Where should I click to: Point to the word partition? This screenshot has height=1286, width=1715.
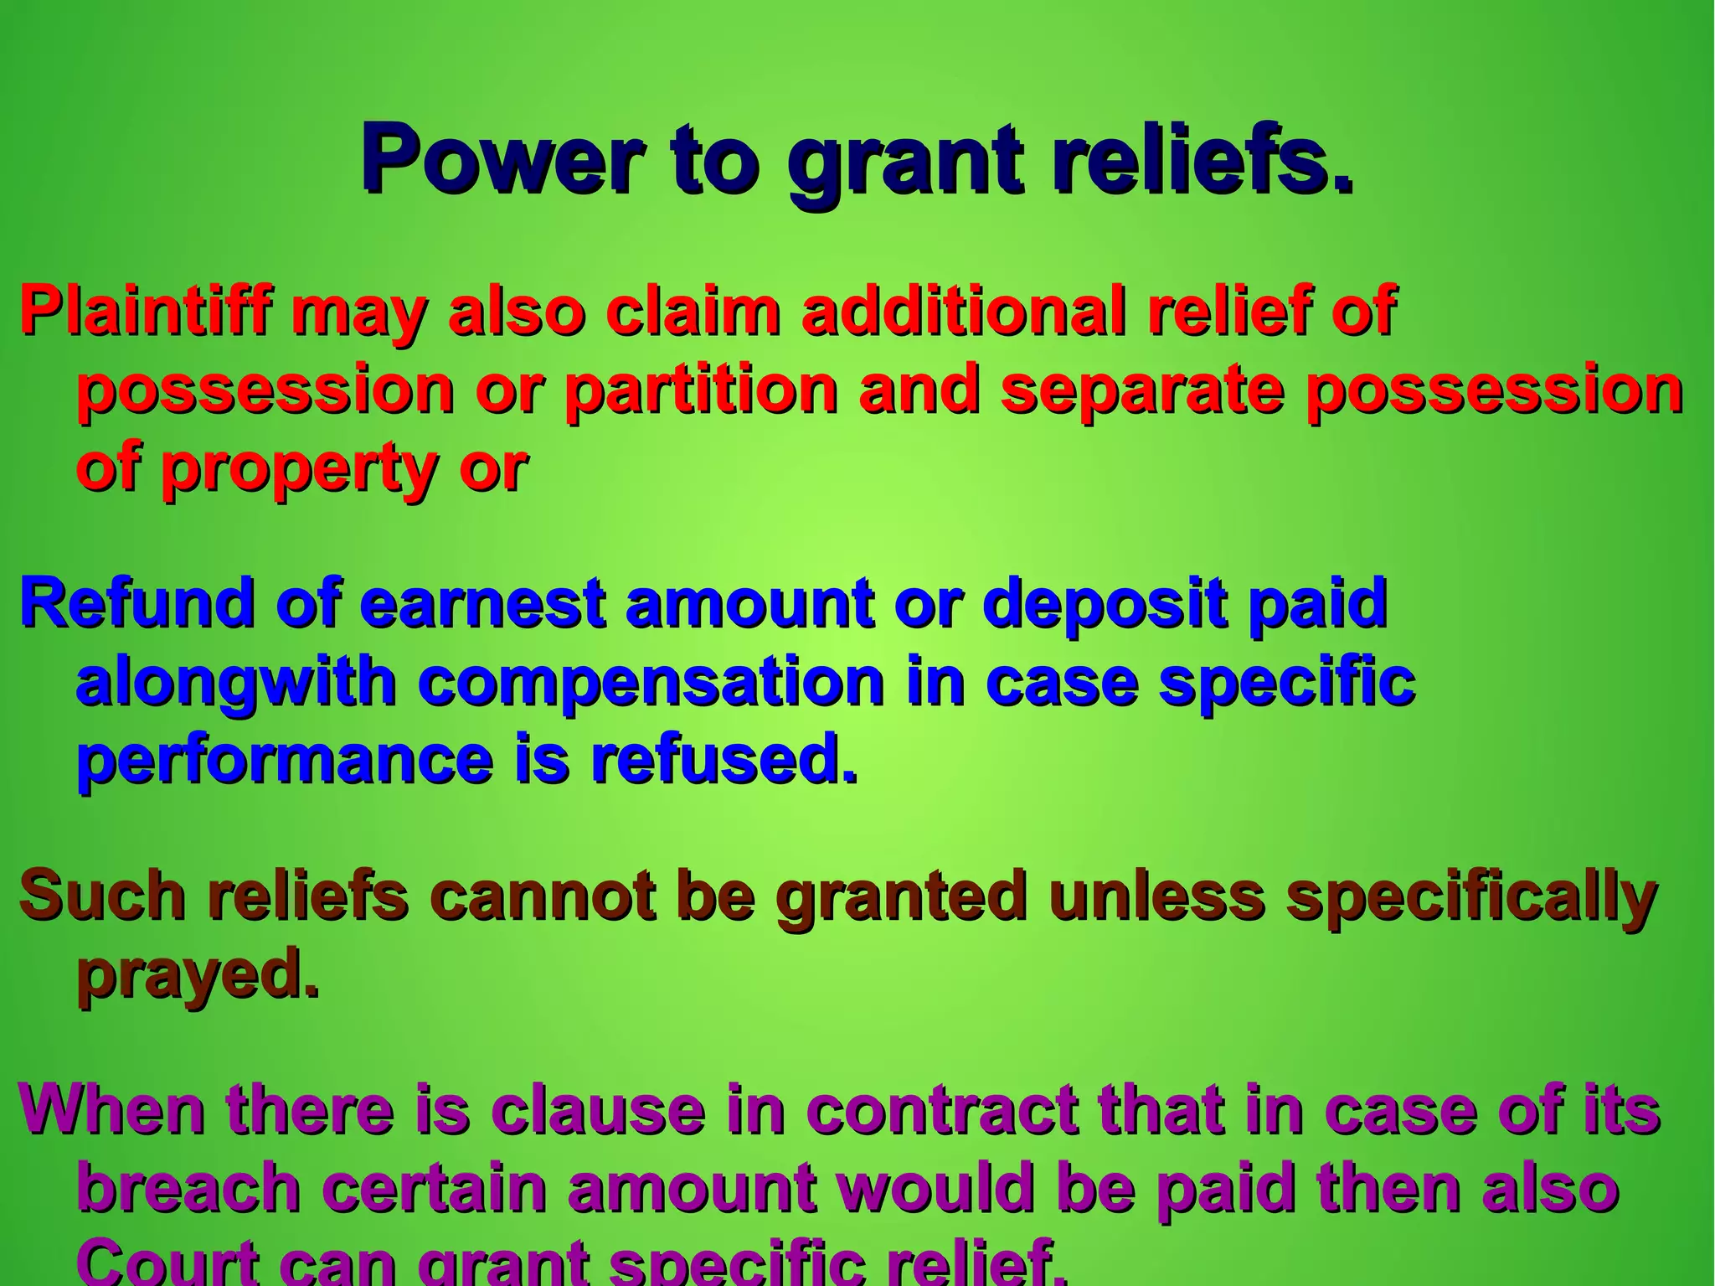[x=700, y=390]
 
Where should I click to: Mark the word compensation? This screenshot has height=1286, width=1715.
[x=651, y=683]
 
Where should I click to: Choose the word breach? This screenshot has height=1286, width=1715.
[x=188, y=1187]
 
